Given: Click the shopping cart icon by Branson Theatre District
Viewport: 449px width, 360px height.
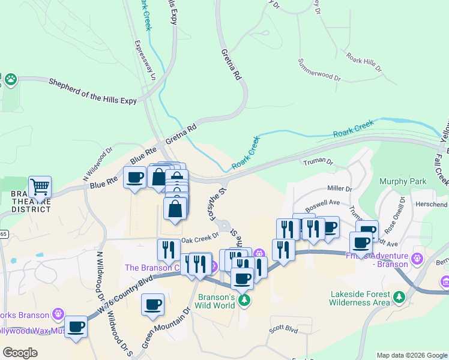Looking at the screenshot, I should (x=40, y=187).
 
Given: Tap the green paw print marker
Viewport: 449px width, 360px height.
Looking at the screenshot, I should (x=10, y=79).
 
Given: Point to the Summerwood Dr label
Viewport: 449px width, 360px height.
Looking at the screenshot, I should (x=319, y=69).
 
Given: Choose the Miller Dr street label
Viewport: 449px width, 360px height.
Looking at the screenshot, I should (x=339, y=188).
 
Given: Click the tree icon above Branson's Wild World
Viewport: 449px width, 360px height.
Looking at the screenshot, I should (x=244, y=299).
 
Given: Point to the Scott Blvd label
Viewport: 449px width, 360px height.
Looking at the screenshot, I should (x=283, y=329).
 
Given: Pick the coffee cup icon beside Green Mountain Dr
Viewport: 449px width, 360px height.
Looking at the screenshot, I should (x=152, y=304).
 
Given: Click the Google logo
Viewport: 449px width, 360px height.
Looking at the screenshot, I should (x=20, y=352).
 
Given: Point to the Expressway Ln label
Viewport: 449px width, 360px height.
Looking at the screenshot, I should (x=145, y=60).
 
